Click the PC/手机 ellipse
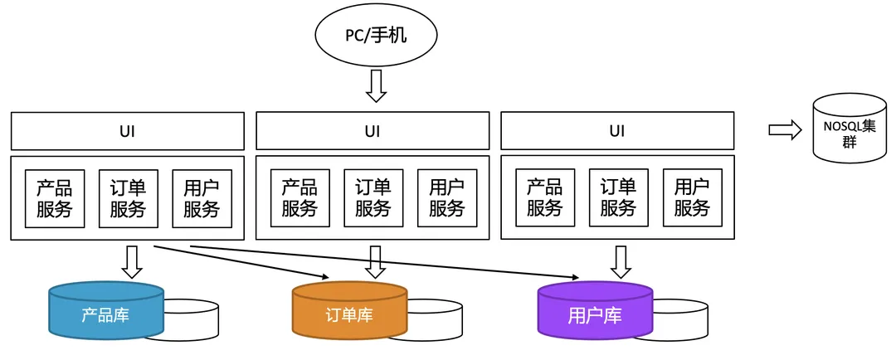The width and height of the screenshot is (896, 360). [x=376, y=36]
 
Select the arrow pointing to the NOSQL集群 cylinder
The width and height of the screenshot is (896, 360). [x=785, y=129]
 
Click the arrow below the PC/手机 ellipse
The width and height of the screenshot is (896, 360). [x=377, y=86]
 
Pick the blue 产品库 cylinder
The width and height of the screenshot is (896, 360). [x=105, y=312]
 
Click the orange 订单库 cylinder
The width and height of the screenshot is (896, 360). [x=349, y=313]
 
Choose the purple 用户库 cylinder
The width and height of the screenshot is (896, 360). [x=594, y=313]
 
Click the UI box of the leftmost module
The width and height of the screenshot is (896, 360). [x=127, y=131]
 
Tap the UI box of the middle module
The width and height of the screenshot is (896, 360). [x=373, y=131]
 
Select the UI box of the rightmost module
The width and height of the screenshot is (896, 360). [x=617, y=131]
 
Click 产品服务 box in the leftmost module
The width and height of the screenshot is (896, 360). [x=55, y=199]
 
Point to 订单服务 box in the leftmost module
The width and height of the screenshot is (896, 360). [x=129, y=199]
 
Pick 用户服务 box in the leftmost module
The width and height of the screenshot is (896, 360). [x=202, y=199]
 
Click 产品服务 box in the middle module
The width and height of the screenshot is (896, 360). [x=299, y=198]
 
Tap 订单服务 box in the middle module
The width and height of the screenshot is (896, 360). [x=373, y=198]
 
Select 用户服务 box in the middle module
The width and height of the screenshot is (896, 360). [x=446, y=198]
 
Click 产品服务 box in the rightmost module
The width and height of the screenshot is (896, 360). [x=545, y=198]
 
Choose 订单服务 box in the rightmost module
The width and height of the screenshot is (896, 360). [x=618, y=198]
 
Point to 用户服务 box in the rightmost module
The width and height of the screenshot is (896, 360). [x=692, y=198]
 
